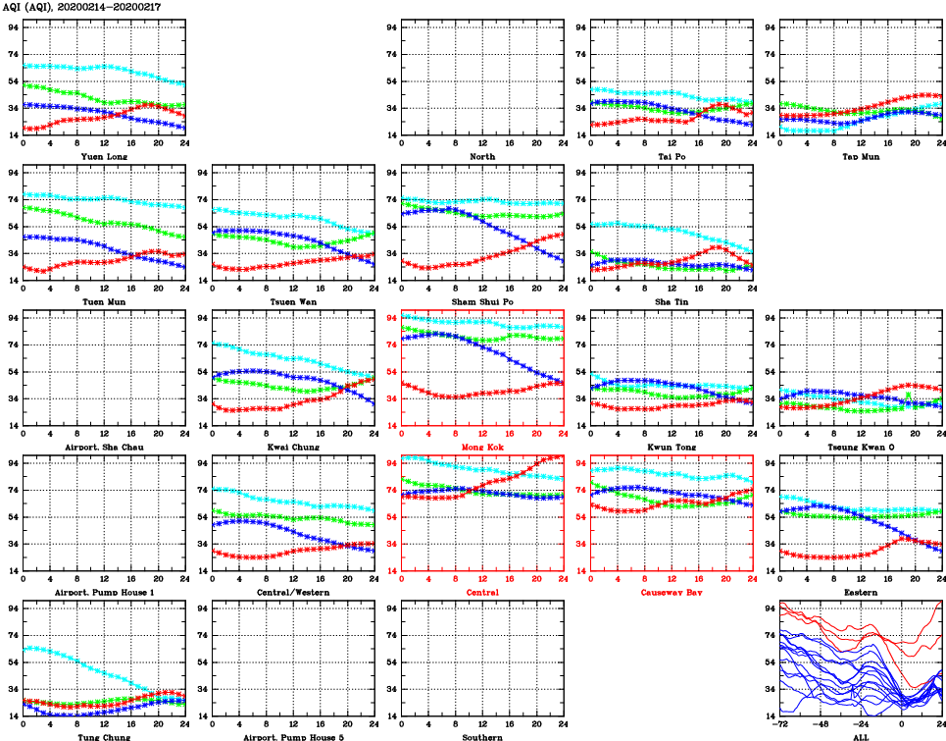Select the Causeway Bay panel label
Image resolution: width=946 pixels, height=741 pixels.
[671, 592]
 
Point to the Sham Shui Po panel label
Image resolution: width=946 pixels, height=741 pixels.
[481, 301]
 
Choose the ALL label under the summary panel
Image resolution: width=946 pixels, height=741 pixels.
[860, 736]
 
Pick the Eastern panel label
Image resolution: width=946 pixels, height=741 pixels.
[860, 592]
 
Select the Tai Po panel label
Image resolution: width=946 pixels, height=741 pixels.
[671, 156]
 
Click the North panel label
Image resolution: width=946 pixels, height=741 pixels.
[481, 156]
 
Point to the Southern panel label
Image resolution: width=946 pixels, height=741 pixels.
[481, 736]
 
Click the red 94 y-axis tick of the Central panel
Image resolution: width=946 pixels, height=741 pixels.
[392, 462]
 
